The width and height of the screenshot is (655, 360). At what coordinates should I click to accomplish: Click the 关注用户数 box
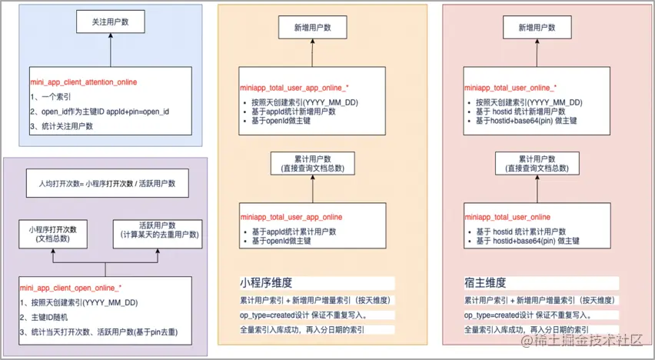110,23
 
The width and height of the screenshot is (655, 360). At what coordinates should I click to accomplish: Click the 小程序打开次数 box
53,234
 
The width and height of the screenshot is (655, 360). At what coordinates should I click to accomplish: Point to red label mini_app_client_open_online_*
71,286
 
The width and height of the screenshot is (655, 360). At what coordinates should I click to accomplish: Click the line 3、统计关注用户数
62,125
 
